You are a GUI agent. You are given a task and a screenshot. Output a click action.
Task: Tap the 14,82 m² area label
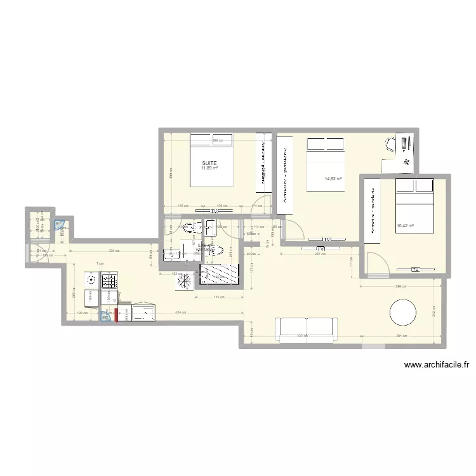tap(333, 179)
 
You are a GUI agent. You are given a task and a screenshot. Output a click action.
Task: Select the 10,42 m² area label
tap(404, 225)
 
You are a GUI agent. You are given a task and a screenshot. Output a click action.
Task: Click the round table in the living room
tap(403, 313)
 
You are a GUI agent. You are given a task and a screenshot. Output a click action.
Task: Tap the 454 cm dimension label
tap(180, 312)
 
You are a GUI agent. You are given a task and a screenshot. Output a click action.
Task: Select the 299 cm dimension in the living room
tap(399, 286)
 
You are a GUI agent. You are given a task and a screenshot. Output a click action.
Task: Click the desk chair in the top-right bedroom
tap(390, 144)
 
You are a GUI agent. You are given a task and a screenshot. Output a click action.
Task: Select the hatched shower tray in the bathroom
tap(220, 275)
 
